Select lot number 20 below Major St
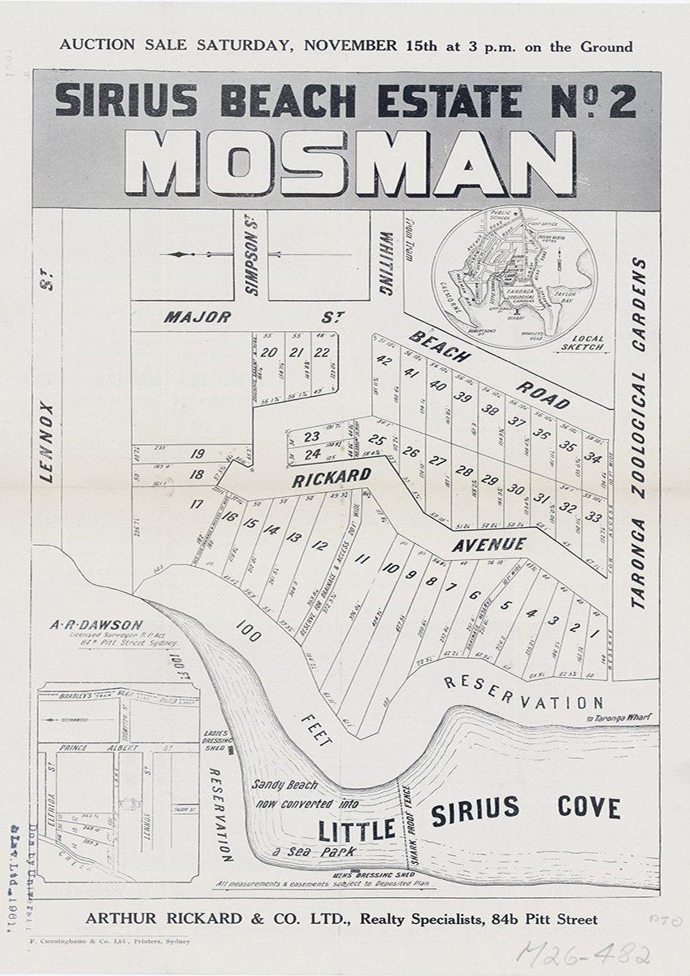tap(269, 352)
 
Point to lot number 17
tap(196, 504)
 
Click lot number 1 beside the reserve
tap(594, 633)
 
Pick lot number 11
tap(362, 560)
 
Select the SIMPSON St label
tap(250, 264)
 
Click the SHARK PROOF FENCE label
tap(410, 825)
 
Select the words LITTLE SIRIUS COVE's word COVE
tap(588, 807)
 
